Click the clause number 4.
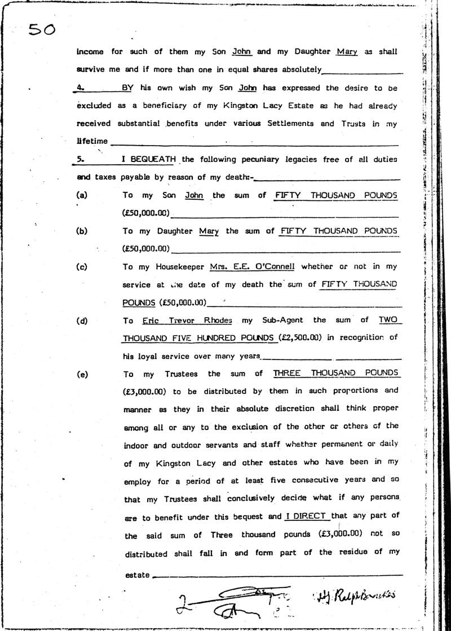click(x=79, y=88)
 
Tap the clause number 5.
click(x=79, y=159)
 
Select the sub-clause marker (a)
click(x=82, y=195)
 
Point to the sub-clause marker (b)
click(x=82, y=230)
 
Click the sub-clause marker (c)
click(x=82, y=266)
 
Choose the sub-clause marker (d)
click(x=82, y=320)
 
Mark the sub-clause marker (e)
click(x=82, y=374)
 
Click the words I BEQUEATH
click(x=148, y=159)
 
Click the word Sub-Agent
click(x=280, y=320)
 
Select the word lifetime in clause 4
click(x=92, y=141)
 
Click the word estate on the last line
click(x=137, y=575)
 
